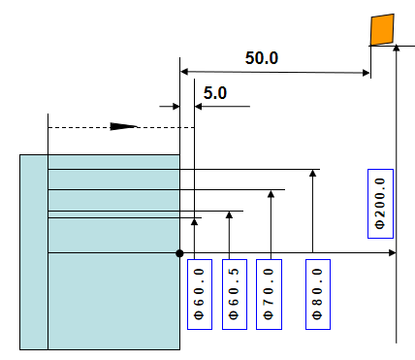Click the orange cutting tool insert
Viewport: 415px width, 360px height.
[382, 29]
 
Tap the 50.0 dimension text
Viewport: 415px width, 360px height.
[262, 58]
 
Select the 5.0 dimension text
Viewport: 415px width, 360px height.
[215, 93]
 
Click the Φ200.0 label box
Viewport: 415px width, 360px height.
[380, 204]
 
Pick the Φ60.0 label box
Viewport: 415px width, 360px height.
[200, 294]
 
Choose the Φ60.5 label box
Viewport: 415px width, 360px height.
[235, 294]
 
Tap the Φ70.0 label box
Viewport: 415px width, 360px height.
[269, 294]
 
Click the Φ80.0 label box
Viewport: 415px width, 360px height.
[318, 294]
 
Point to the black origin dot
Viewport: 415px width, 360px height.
[179, 253]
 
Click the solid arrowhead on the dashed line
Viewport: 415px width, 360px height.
[123, 126]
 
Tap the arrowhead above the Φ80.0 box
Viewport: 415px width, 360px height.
[312, 173]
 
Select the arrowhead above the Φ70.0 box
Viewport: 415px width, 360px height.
[271, 194]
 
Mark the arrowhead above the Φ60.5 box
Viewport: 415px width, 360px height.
[229, 215]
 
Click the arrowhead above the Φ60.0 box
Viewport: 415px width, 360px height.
[194, 221]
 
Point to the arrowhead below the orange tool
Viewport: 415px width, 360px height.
[397, 48]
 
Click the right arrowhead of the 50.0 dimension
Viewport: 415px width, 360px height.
[367, 73]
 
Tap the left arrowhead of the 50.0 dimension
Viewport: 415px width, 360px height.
[184, 72]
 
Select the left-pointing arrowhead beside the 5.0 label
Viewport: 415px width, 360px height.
[199, 107]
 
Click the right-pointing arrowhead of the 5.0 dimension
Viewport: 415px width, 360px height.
[176, 107]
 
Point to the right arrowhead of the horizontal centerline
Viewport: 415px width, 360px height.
[393, 252]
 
